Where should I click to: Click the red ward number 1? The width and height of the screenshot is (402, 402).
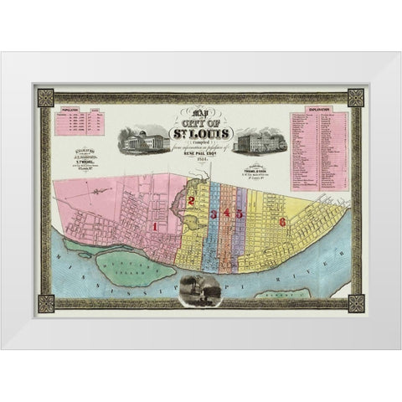157,225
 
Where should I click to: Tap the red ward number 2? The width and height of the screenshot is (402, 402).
192,201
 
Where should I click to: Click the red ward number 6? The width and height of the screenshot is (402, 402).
284,221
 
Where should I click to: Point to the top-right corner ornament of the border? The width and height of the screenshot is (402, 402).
357,95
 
